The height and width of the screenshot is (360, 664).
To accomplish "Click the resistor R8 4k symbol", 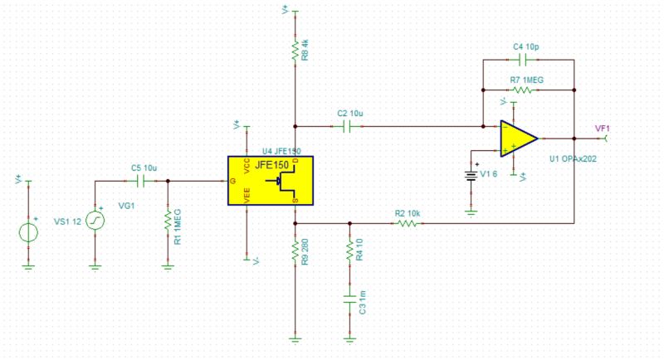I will (295, 50).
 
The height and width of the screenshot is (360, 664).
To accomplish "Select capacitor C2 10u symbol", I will (349, 126).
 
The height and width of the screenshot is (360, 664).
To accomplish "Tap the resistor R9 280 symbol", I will (295, 251).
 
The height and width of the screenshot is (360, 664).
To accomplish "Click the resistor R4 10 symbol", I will (349, 249).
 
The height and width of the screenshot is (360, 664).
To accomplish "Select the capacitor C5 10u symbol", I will (139, 180).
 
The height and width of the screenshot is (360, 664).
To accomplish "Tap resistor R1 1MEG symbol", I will (168, 221).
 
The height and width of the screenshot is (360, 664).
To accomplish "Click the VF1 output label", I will (603, 128).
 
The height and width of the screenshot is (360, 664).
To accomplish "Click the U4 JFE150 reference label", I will (281, 152).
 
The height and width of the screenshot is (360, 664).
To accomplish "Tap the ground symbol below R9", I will (295, 338).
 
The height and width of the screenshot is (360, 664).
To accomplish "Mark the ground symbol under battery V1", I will (471, 211).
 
